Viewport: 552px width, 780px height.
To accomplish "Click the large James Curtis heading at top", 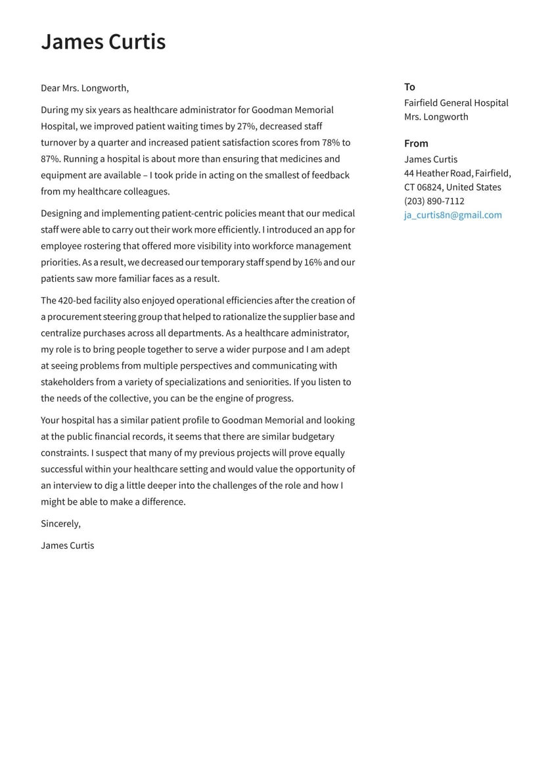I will click(x=103, y=41).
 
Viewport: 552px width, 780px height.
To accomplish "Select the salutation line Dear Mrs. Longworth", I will click(x=85, y=88).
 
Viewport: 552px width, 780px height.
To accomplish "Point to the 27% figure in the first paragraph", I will click(x=246, y=126).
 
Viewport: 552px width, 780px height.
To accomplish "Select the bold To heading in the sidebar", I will click(x=409, y=87).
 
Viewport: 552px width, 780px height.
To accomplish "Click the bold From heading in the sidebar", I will click(x=416, y=143).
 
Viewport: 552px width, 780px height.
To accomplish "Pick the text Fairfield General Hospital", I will click(x=456, y=103).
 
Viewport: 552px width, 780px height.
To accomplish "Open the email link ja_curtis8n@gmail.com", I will click(x=453, y=215).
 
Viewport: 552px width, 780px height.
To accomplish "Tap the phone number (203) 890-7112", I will click(x=434, y=201).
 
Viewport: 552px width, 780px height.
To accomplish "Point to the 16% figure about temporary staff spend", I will click(x=312, y=262).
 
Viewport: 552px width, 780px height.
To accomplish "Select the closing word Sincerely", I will click(x=60, y=524).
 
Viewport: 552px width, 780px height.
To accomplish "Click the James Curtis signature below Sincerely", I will click(x=67, y=545).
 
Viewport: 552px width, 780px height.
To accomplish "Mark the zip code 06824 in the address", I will click(x=430, y=187).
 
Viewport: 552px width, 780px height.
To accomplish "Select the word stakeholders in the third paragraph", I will click(x=67, y=382).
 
